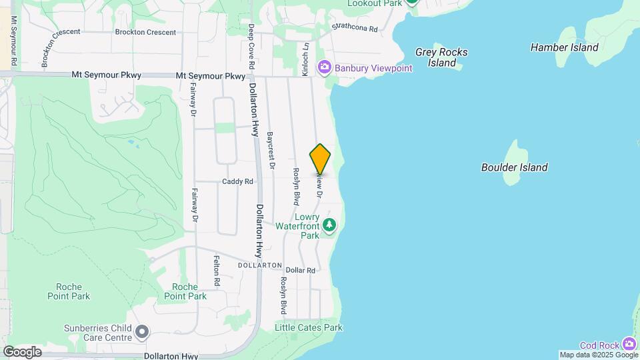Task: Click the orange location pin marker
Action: coord(320,159)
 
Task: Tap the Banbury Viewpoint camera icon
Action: coord(325,67)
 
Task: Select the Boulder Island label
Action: coord(515,167)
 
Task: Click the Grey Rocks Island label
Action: coord(441,57)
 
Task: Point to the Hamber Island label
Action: coord(564,47)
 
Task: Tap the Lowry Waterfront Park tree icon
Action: coord(329,226)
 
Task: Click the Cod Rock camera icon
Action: coord(629,344)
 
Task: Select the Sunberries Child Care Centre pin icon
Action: coord(141,331)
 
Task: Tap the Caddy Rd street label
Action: coord(238,181)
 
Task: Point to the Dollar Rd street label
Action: coord(301,270)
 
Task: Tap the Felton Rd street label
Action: coord(217,271)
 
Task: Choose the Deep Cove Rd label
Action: coord(251,47)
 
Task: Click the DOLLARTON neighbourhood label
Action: coord(260,265)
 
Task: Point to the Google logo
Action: coord(22,352)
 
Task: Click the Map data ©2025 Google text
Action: coord(598,355)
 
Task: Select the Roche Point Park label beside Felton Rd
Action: coord(185,291)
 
